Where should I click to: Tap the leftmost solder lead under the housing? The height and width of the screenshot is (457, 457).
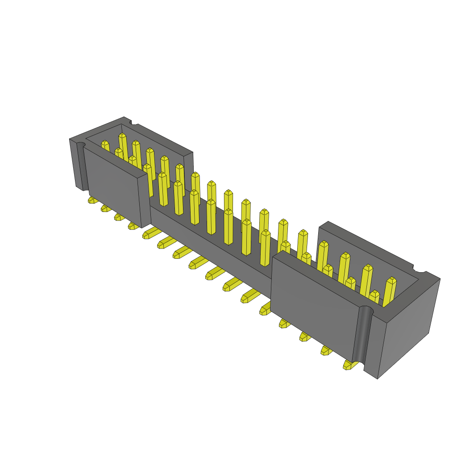pos(93,200)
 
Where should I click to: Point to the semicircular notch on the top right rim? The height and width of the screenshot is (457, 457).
pos(420,269)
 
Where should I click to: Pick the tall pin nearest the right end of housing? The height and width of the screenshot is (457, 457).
pos(389,292)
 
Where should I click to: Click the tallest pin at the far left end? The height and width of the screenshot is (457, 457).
pos(123,147)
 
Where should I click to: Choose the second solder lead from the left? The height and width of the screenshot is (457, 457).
pos(106,208)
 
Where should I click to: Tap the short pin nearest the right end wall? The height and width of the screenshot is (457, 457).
pos(374,297)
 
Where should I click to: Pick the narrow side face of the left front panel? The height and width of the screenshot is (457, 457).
pos(144,201)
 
